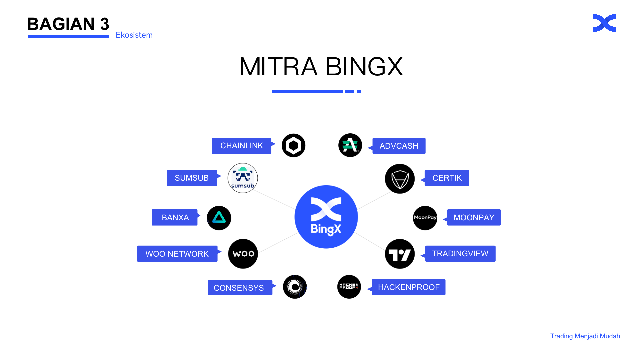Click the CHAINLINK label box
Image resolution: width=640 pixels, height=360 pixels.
tap(241, 146)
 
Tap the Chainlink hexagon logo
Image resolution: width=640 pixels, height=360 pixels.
tap(293, 145)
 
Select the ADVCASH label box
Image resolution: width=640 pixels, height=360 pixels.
tap(399, 146)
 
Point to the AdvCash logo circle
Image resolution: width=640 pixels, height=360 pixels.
tap(350, 145)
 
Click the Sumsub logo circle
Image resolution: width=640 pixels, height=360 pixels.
tap(243, 178)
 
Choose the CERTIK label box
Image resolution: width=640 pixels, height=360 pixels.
tap(447, 178)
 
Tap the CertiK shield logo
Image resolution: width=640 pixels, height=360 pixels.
tap(400, 179)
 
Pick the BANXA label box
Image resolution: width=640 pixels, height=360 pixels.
tap(175, 217)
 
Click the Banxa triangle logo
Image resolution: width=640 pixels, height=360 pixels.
tap(219, 218)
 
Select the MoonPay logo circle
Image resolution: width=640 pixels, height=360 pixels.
tap(425, 218)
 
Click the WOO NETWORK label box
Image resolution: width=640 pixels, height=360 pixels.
tap(177, 254)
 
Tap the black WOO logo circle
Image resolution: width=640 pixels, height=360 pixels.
tap(243, 254)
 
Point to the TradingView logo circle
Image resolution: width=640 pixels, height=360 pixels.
tap(400, 254)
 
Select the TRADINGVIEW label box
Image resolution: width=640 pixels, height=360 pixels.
tap(460, 254)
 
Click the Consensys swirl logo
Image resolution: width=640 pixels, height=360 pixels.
tap(295, 287)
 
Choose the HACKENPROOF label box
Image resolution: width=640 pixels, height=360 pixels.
tap(408, 287)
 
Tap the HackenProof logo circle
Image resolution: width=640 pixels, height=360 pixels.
tap(349, 287)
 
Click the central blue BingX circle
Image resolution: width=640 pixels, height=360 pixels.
tap(326, 217)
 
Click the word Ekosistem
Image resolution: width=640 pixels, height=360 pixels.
tap(134, 35)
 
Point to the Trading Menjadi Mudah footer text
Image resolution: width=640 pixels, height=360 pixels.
tap(585, 336)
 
